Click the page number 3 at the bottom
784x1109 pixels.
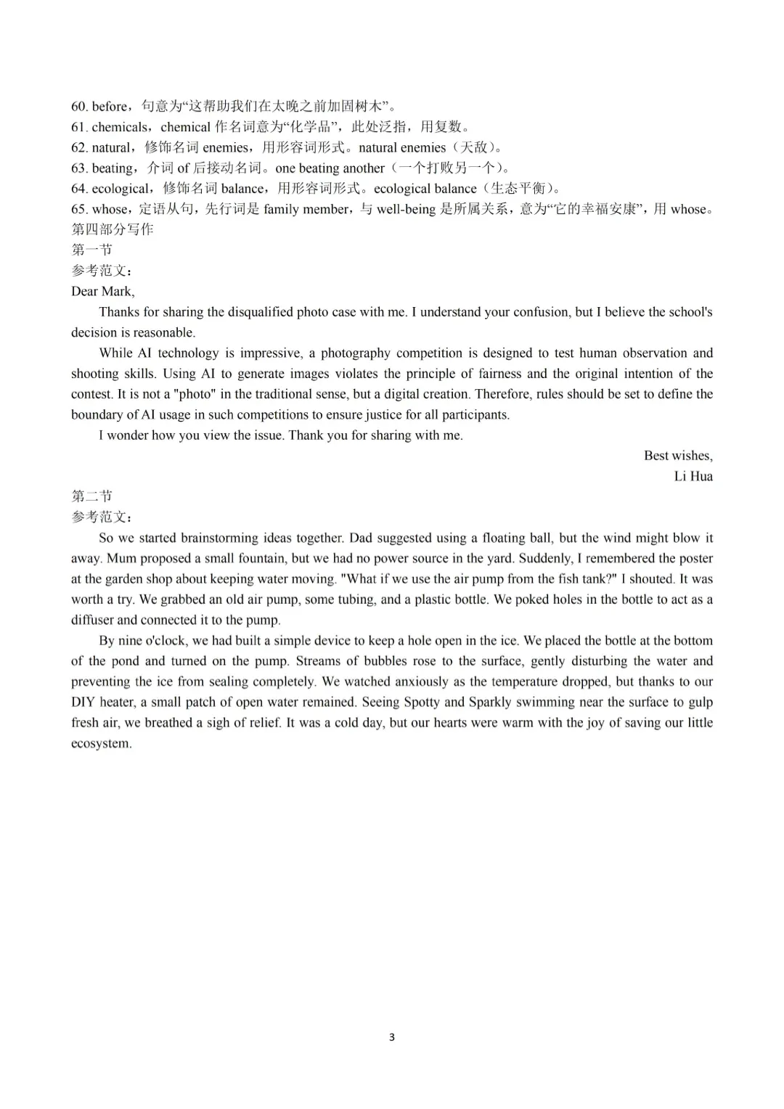pyautogui.click(x=392, y=1037)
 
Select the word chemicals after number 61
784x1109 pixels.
pyautogui.click(x=119, y=127)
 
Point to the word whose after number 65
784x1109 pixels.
pyautogui.click(x=109, y=210)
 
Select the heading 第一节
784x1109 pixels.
pyautogui.click(x=91, y=250)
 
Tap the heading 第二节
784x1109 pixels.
pyautogui.click(x=91, y=496)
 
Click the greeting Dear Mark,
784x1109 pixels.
pyautogui.click(x=102, y=292)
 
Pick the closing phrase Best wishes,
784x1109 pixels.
pyautogui.click(x=678, y=456)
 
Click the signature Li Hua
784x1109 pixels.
pyautogui.click(x=693, y=476)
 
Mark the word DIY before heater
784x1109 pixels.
pyautogui.click(x=83, y=702)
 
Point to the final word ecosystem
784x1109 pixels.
pyautogui.click(x=101, y=743)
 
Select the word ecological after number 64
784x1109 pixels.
pyautogui.click(x=121, y=189)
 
